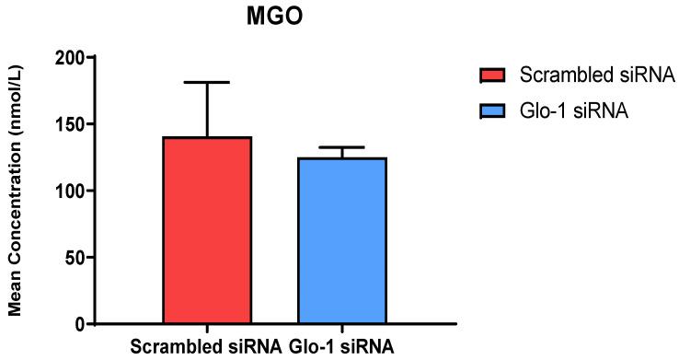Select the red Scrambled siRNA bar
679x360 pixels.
pos(207,230)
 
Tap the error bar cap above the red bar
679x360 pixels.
pos(207,83)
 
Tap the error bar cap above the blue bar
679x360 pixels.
pos(341,147)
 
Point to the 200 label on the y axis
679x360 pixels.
pos(69,58)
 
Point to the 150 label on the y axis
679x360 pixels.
pos(69,124)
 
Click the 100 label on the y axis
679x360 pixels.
pos(69,191)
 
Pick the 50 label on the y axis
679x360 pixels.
pos(74,258)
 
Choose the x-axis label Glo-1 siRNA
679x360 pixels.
pos(344,348)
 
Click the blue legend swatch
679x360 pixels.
pos(493,111)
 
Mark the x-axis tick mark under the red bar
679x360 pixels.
pos(207,329)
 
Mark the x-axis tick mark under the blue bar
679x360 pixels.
pos(341,329)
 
